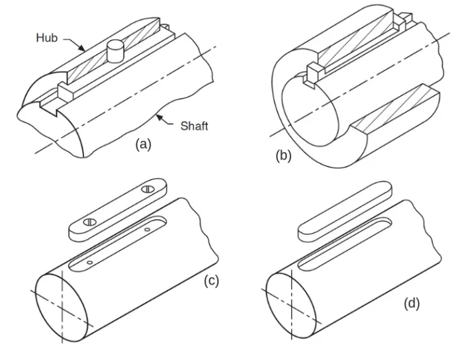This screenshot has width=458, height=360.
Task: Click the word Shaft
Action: (x=195, y=126)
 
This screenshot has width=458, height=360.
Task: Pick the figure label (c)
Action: (x=212, y=280)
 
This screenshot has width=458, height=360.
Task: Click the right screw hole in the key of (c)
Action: (x=148, y=190)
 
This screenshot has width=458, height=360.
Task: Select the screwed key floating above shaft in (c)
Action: (x=119, y=206)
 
